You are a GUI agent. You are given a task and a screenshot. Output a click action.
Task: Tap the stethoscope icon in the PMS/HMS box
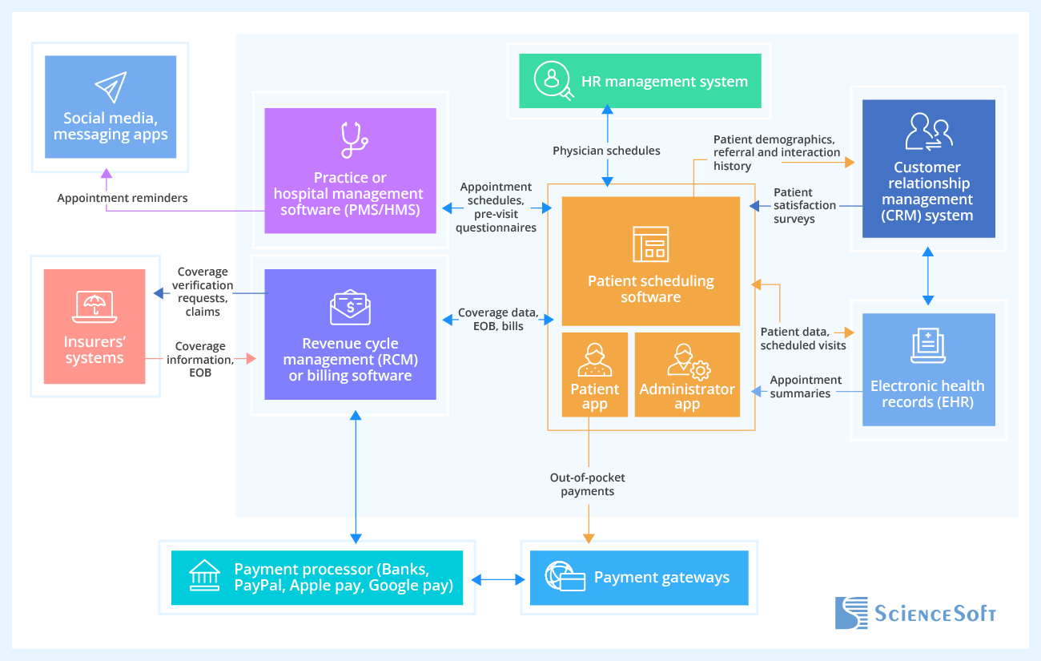[x=351, y=140]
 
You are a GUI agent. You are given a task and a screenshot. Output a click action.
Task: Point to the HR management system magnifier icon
[x=554, y=81]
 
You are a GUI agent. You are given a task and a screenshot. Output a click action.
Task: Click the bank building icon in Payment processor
[x=204, y=577]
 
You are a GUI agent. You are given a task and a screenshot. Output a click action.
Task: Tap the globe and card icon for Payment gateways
[x=565, y=577]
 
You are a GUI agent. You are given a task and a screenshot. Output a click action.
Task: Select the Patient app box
[x=594, y=374]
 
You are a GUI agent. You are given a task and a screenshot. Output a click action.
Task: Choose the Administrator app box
[x=687, y=374]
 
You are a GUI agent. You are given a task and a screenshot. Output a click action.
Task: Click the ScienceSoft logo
[x=915, y=614]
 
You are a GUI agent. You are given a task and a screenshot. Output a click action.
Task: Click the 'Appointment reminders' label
[x=123, y=198]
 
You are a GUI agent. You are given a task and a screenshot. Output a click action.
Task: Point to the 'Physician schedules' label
[x=606, y=151]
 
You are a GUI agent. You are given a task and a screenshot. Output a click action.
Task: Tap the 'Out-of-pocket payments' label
[x=587, y=484]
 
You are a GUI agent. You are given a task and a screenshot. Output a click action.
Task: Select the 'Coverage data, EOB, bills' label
[x=496, y=319]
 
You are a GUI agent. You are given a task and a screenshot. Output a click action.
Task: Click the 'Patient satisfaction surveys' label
[x=794, y=205]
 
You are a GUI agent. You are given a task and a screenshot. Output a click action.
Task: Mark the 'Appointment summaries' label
[x=805, y=386]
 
